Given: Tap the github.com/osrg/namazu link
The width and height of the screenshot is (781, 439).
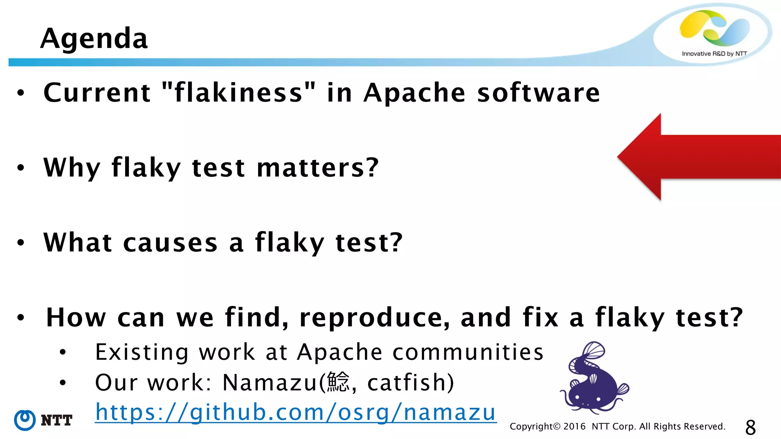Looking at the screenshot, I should pos(296,412).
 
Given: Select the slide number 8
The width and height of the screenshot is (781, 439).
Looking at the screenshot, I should pos(750,427).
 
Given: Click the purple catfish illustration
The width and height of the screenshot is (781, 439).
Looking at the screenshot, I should pos(593,379).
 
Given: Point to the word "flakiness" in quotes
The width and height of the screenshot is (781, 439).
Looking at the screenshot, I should pos(239,93).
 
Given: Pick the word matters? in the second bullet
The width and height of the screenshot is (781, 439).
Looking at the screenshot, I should pos(318,168).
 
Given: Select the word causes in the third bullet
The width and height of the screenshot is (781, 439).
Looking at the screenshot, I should pos(170,243).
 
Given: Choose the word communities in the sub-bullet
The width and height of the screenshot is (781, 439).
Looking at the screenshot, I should pos(468,352).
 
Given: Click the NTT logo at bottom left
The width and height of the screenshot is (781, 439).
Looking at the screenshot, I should pos(43,420).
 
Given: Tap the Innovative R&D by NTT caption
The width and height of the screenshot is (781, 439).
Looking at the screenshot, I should pos(714,54).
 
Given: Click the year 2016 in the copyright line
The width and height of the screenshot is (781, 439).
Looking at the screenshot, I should pos(574,426).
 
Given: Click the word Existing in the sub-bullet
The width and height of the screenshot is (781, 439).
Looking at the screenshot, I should pos(141,352).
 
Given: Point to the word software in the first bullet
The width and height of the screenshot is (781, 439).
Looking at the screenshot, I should pos(538,93).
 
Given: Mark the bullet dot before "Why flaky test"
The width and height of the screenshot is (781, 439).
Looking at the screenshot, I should pos(21,168).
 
